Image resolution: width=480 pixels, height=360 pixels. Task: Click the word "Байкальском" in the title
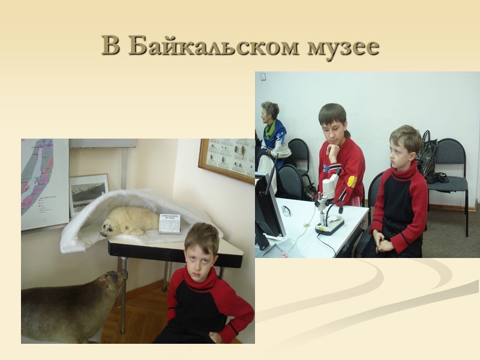214,46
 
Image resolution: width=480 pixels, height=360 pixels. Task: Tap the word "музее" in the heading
343,46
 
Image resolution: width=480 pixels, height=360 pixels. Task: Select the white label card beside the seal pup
169,224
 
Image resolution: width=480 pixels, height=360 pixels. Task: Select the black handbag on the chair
428,157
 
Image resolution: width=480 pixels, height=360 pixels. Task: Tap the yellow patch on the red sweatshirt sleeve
352,181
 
